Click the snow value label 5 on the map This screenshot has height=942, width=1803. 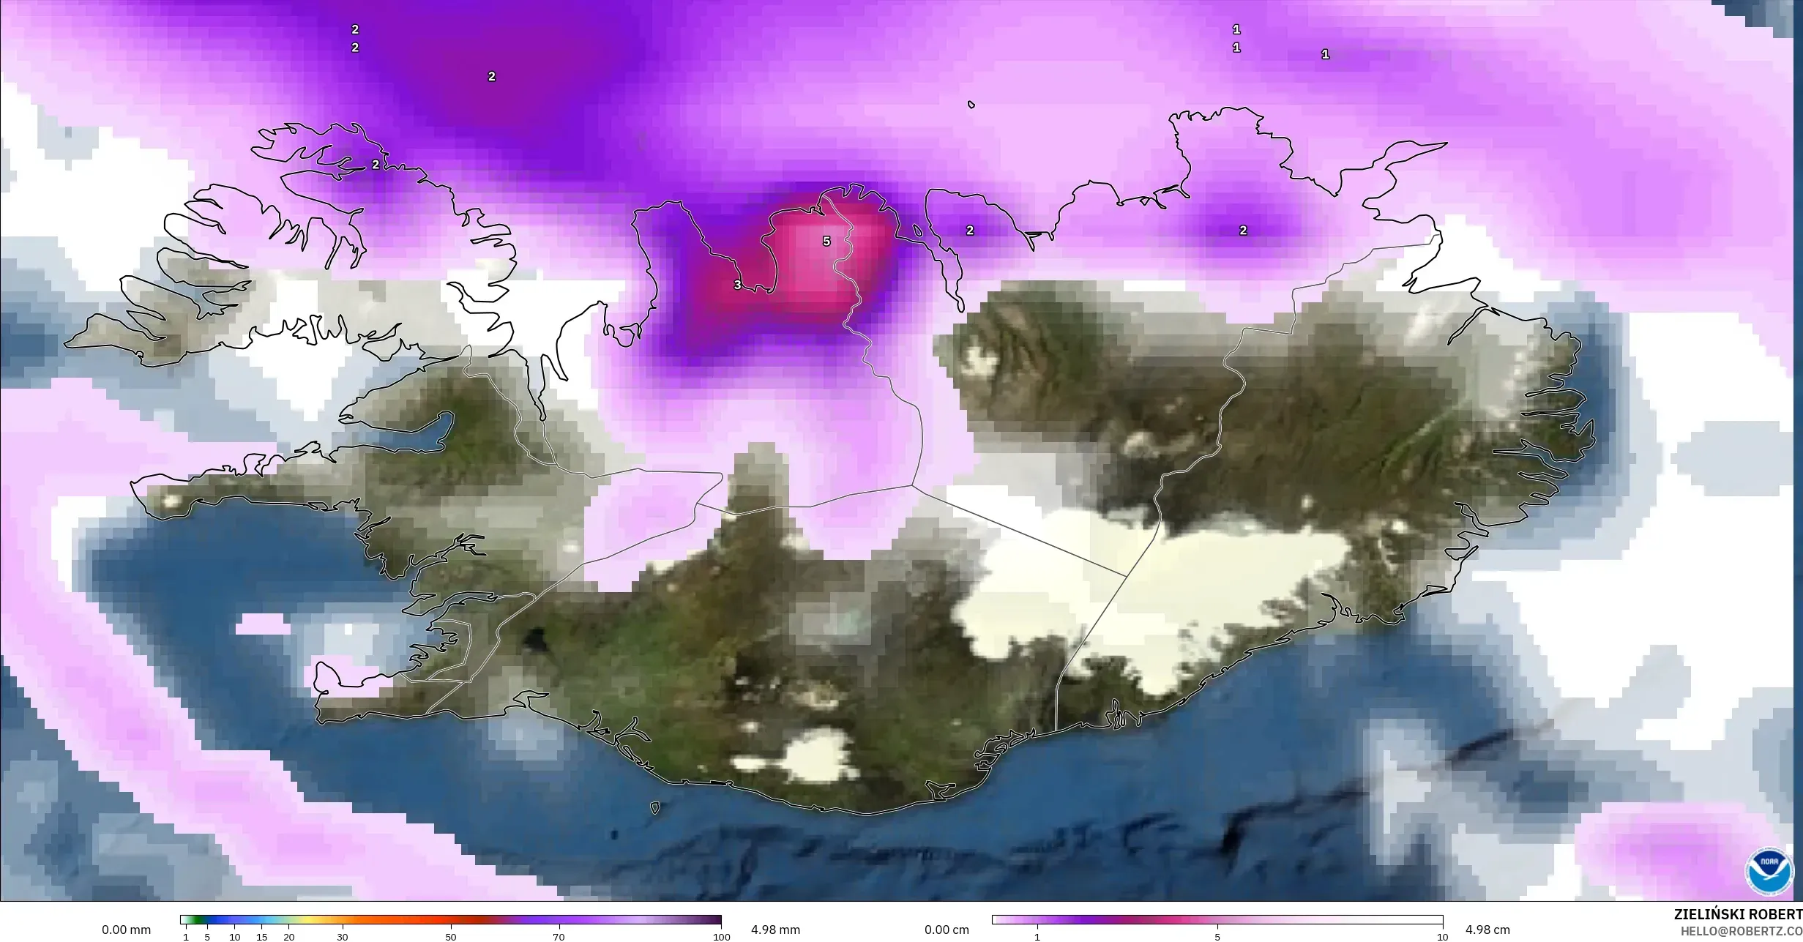(x=826, y=241)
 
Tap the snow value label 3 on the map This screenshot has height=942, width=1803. (x=737, y=285)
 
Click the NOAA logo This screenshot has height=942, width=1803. (x=1769, y=872)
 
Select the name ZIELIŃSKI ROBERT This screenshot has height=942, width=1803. (x=1738, y=914)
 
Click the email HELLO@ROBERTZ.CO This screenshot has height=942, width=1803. (x=1741, y=931)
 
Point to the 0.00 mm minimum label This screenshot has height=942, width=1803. (x=126, y=930)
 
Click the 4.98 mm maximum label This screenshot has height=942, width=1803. (x=775, y=930)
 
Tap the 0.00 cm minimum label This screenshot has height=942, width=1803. (x=947, y=930)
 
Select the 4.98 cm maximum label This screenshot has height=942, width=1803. (x=1487, y=930)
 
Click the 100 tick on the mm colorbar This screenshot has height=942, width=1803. (x=722, y=937)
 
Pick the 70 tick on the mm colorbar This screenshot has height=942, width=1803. (x=559, y=937)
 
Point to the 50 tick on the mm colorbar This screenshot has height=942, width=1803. (x=450, y=937)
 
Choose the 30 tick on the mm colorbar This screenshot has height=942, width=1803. (x=343, y=937)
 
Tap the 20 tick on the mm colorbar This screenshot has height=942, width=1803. (x=289, y=937)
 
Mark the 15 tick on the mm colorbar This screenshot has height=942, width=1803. (x=261, y=937)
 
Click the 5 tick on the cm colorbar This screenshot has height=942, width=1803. (x=1217, y=937)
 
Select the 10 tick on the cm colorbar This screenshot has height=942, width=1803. (x=1442, y=937)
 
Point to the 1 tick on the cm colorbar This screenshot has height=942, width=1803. (x=1037, y=937)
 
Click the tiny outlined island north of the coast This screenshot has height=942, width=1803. (x=971, y=105)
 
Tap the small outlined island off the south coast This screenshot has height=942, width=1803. (x=654, y=808)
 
